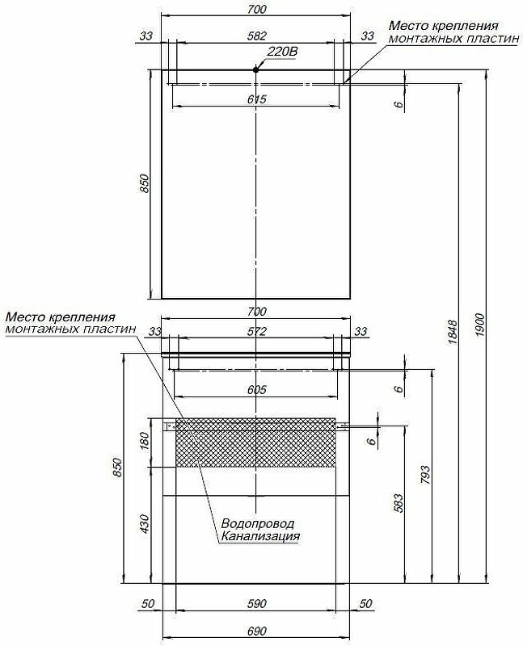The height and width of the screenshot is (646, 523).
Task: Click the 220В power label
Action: (x=282, y=52)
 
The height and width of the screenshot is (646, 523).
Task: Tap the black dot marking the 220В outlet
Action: (x=255, y=69)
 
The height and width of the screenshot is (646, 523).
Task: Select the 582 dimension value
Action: (x=256, y=36)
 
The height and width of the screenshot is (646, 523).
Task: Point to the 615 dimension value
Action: (x=256, y=99)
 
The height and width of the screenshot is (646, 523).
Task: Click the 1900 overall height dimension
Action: (x=479, y=325)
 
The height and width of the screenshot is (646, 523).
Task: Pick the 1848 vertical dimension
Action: (x=453, y=332)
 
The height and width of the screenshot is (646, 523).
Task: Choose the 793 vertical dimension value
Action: (x=425, y=474)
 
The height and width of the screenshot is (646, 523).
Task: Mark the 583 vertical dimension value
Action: (x=399, y=503)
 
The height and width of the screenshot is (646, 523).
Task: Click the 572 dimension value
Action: (x=256, y=332)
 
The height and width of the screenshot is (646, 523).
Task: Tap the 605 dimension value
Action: (x=256, y=390)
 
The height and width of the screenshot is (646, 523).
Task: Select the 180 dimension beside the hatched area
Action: (x=145, y=441)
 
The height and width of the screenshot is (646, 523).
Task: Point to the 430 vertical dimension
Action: (x=145, y=524)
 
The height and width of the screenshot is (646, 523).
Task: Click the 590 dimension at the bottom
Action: (x=256, y=604)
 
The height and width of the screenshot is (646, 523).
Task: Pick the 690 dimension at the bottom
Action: (x=256, y=631)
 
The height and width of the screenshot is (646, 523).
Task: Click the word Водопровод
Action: (x=258, y=524)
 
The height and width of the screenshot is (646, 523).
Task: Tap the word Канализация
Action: (x=260, y=536)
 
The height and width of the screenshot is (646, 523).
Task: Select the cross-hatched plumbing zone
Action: (x=255, y=443)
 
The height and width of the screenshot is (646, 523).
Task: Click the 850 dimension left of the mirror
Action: (x=145, y=184)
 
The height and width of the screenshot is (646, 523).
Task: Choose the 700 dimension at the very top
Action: (x=256, y=9)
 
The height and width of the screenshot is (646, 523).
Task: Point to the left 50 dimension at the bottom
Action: (x=147, y=604)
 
